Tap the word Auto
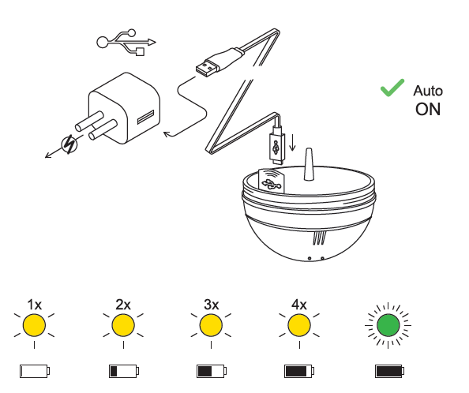pyautogui.click(x=428, y=91)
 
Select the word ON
pyautogui.click(x=428, y=110)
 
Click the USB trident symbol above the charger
pyautogui.click(x=126, y=43)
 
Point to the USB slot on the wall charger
pyautogui.click(x=145, y=117)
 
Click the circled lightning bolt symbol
pyautogui.click(x=69, y=144)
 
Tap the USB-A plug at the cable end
pyautogui.click(x=206, y=68)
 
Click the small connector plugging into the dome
pyautogui.click(x=277, y=145)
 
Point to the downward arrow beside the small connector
pyautogui.click(x=292, y=143)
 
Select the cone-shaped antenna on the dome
pyautogui.click(x=309, y=165)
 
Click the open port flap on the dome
pyautogui.click(x=272, y=181)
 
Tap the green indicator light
pyautogui.click(x=388, y=325)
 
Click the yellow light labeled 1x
pyautogui.click(x=35, y=325)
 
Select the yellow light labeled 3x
pyautogui.click(x=211, y=325)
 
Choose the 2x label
pyautogui.click(x=123, y=305)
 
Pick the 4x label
pyautogui.click(x=299, y=305)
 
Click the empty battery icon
pyautogui.click(x=35, y=371)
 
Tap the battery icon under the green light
pyautogui.click(x=390, y=371)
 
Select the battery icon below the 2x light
pyautogui.click(x=124, y=371)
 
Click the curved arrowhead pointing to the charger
pyautogui.click(x=167, y=134)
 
